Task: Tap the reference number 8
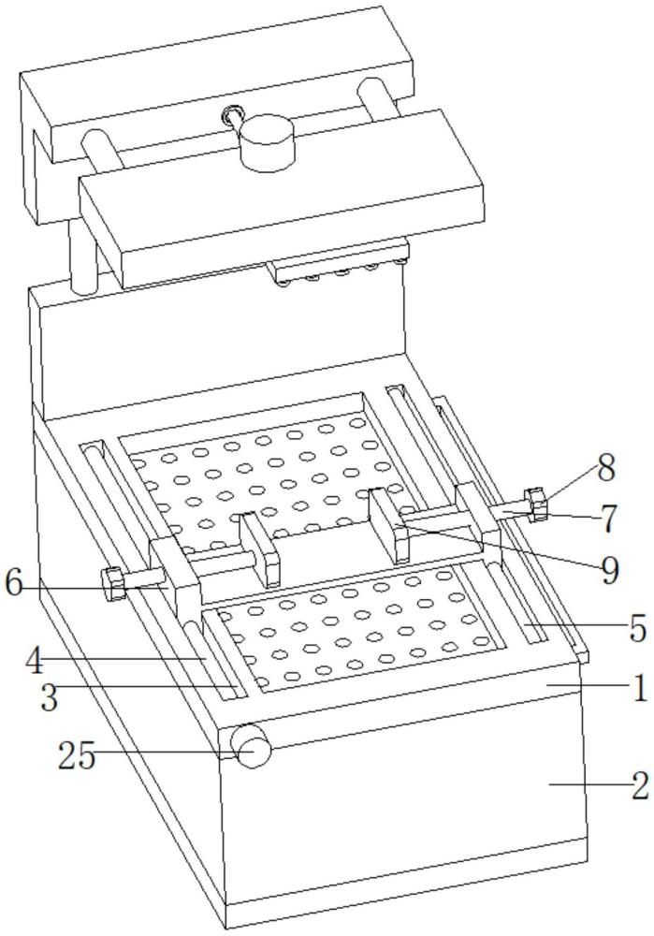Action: click(x=607, y=469)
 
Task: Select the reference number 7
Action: click(x=610, y=519)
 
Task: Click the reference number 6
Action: click(x=13, y=583)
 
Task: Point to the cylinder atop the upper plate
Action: click(x=265, y=144)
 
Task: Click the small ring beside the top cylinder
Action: click(x=229, y=116)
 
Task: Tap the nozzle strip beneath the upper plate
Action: click(x=337, y=272)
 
